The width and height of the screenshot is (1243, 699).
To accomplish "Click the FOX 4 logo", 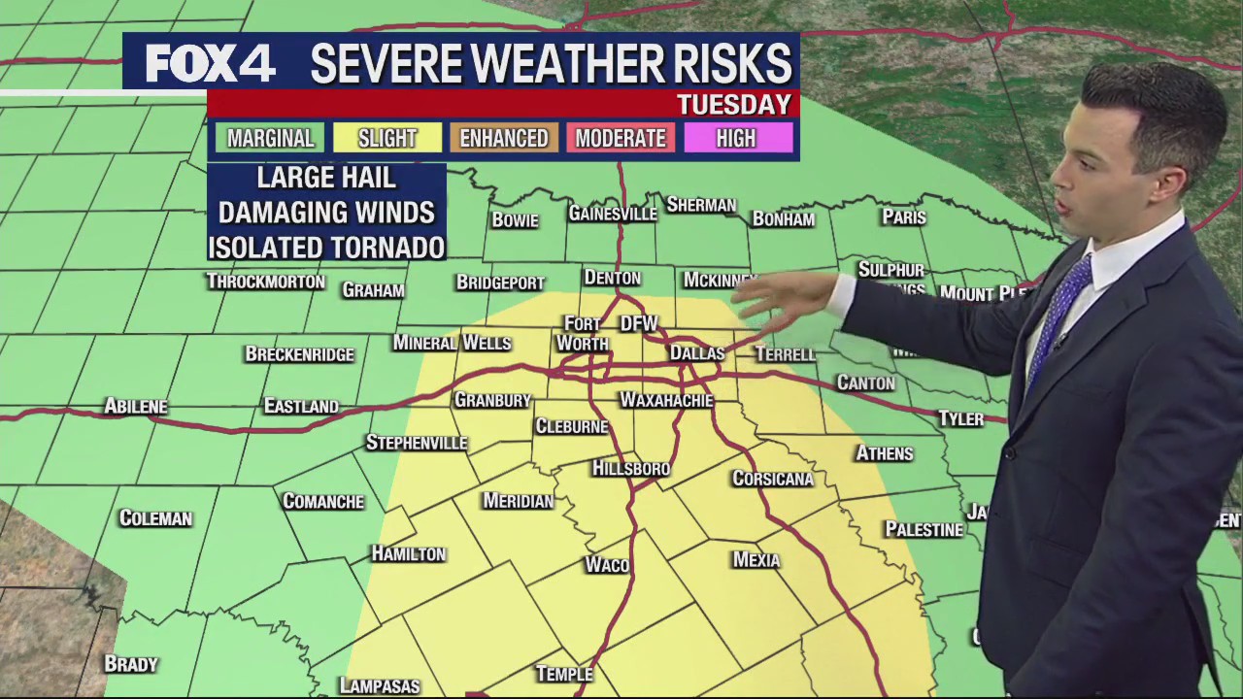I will [210, 64].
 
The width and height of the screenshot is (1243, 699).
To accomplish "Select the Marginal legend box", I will [270, 138].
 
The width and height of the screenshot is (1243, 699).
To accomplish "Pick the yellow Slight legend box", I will [386, 138].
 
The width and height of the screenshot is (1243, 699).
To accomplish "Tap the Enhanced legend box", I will [503, 138].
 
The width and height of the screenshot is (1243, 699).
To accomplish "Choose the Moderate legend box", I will [620, 138].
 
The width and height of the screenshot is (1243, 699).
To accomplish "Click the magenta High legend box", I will [736, 138].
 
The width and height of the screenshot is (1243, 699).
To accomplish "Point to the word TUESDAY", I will [733, 104].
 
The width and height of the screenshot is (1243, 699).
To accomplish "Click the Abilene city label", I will [136, 406].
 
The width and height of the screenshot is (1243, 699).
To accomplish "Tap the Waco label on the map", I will [607, 565].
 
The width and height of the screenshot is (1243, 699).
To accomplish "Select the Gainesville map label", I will [612, 214].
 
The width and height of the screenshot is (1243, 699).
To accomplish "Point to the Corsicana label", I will [773, 479].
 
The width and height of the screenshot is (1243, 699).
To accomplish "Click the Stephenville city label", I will [417, 443].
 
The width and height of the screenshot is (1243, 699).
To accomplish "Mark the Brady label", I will [131, 664].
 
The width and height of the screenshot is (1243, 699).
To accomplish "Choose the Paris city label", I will [903, 216].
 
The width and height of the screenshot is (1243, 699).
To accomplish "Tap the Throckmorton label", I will [265, 282].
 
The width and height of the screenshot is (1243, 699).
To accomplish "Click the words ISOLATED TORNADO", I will [326, 248].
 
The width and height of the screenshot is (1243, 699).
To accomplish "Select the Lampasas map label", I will [380, 685].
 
